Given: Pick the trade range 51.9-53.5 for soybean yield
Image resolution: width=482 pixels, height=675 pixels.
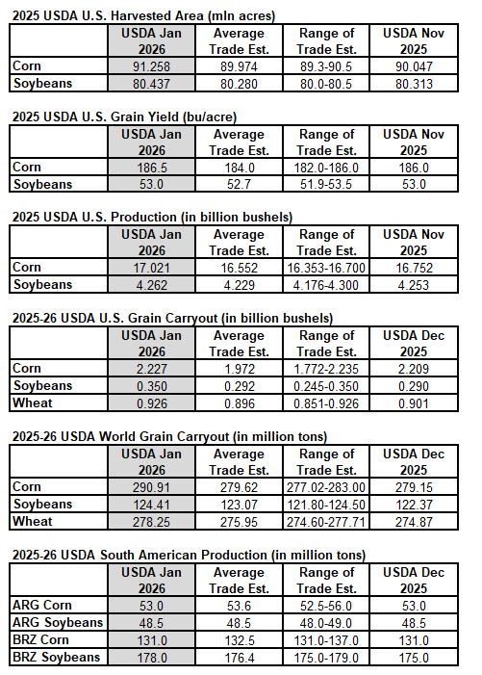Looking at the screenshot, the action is tap(327, 184).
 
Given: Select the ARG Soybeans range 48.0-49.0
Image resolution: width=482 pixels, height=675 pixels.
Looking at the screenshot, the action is tap(327, 623).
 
